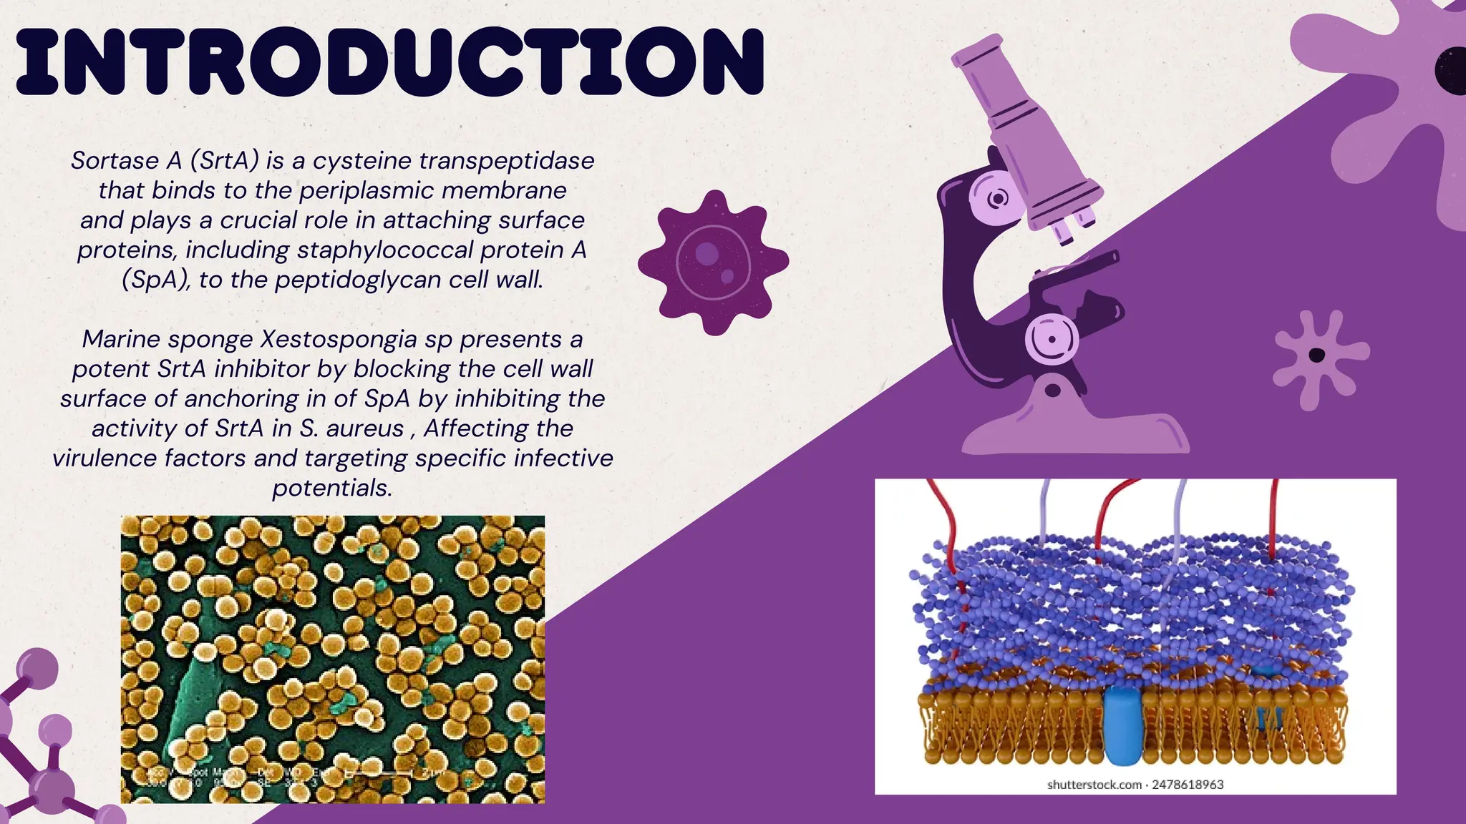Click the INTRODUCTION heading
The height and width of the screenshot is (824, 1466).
pyautogui.click(x=390, y=62)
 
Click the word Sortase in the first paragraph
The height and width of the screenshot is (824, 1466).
pyautogui.click(x=115, y=160)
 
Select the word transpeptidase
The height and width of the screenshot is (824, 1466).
pyautogui.click(x=507, y=160)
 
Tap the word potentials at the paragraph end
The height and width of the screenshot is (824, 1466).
pyautogui.click(x=332, y=488)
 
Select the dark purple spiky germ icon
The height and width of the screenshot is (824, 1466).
pyautogui.click(x=712, y=262)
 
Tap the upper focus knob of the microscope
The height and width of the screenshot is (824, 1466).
pyautogui.click(x=996, y=197)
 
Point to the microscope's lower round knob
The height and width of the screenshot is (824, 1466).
pyautogui.click(x=1052, y=338)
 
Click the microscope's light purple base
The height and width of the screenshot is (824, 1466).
pyautogui.click(x=1074, y=429)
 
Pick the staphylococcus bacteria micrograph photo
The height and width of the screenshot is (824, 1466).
pyautogui.click(x=332, y=659)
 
